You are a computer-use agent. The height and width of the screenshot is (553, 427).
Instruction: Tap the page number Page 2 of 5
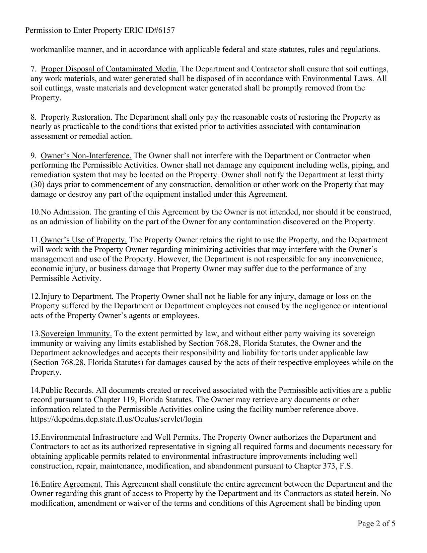tap(376, 524)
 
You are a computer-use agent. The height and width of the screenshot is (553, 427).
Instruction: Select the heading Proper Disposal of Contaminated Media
tap(109, 69)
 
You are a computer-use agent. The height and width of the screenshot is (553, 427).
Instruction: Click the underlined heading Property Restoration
tap(76, 117)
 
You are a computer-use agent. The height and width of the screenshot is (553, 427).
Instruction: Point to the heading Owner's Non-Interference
tap(86, 156)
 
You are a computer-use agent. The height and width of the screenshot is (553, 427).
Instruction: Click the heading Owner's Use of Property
tap(84, 240)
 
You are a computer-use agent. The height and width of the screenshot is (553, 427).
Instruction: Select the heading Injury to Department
tap(77, 297)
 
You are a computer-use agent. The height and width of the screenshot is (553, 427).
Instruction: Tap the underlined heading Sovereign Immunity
tap(76, 334)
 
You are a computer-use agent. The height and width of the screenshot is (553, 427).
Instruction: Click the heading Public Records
tap(67, 390)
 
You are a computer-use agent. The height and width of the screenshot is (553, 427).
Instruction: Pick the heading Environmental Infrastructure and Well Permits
tap(121, 437)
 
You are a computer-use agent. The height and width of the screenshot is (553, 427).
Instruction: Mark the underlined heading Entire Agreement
tap(72, 484)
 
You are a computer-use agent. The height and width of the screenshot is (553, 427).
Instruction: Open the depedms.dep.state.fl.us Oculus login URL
tap(116, 419)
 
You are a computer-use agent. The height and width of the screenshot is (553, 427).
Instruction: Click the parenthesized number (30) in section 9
tap(37, 185)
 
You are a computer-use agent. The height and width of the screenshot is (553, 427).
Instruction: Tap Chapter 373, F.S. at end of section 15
tap(323, 466)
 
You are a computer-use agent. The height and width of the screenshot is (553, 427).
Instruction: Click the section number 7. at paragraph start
tap(33, 69)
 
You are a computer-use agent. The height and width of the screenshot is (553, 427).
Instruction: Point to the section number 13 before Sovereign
tap(35, 334)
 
